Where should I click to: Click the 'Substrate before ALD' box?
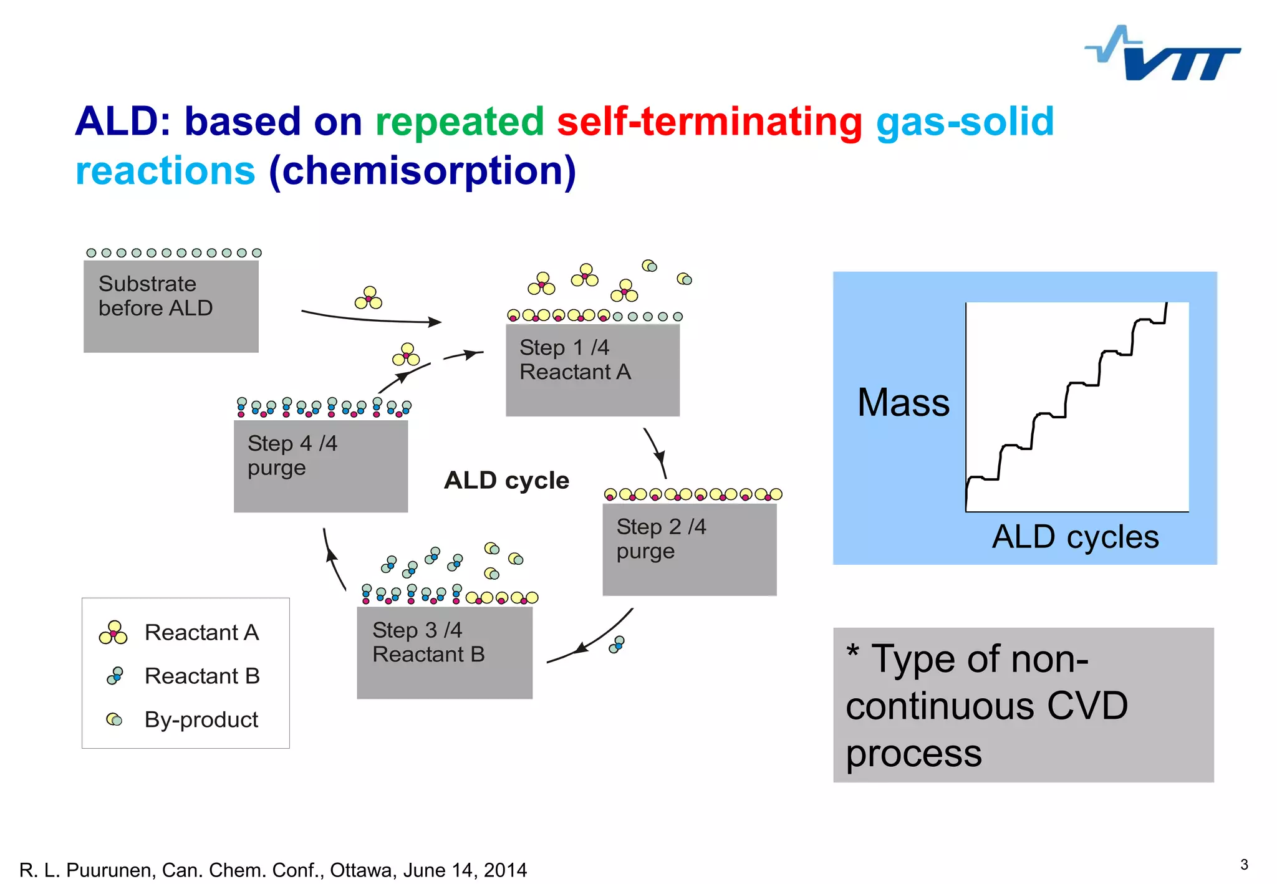click(x=171, y=306)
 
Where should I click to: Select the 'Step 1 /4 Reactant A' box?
click(x=592, y=370)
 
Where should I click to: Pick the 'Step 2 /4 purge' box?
click(x=689, y=549)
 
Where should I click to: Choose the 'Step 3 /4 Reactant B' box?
click(x=444, y=652)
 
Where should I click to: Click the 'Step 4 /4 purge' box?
click(x=320, y=466)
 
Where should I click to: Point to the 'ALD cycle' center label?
click(x=506, y=480)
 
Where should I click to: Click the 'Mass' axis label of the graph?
click(x=903, y=402)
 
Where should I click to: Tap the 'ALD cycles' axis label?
click(x=1075, y=537)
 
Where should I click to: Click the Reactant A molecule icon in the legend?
click(x=113, y=632)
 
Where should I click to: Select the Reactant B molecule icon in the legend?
click(x=115, y=676)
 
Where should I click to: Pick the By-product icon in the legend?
click(x=114, y=719)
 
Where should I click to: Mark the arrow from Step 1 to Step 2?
click(x=656, y=453)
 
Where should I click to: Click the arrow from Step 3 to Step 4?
click(x=332, y=559)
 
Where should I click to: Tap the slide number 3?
click(x=1244, y=864)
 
